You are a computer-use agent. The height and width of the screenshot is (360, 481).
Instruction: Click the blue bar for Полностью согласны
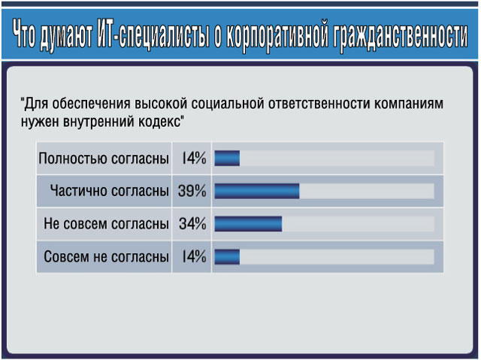click(227, 159)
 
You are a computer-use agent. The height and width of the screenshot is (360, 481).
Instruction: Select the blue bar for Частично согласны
click(257, 191)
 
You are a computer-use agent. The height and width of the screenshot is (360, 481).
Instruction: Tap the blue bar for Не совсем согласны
click(248, 223)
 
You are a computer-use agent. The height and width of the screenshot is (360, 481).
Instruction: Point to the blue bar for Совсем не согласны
click(227, 257)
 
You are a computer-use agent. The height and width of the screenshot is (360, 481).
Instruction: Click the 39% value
click(192, 191)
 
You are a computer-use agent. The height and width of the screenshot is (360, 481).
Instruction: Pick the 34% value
click(192, 224)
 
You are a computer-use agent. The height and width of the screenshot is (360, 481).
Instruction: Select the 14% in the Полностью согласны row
click(194, 159)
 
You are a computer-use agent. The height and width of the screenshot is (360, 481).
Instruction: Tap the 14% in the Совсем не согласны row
click(194, 257)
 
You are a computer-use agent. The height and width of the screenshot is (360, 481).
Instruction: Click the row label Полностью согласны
click(104, 159)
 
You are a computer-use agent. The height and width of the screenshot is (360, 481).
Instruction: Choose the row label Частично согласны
click(110, 191)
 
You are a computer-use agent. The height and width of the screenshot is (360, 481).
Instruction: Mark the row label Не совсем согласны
click(106, 224)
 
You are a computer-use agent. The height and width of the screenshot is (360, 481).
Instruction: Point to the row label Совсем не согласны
click(106, 257)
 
